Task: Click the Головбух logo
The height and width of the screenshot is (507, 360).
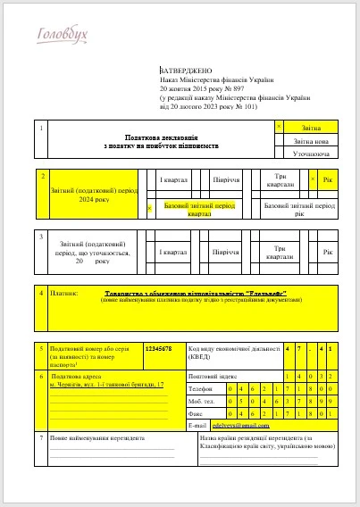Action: tap(62, 36)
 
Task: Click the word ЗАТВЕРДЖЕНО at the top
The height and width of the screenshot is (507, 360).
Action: tap(184, 70)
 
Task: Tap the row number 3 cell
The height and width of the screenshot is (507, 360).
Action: tap(42, 237)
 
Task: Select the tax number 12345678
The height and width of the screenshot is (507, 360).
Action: tap(158, 349)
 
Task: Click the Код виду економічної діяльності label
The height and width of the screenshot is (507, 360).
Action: tap(232, 353)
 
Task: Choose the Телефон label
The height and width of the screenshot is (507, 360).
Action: tap(203, 389)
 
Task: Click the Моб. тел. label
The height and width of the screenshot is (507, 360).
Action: tap(204, 402)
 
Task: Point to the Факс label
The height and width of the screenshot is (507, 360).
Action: tap(198, 414)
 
